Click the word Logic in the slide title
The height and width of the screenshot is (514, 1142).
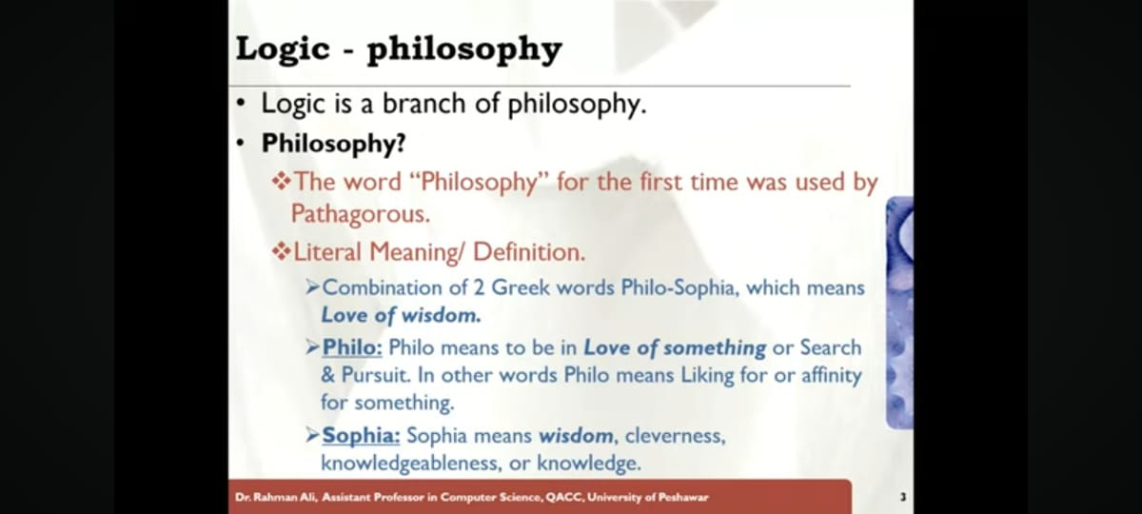tap(283, 49)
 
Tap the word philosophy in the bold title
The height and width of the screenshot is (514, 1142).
tap(464, 50)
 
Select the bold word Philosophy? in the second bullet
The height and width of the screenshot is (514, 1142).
tap(333, 144)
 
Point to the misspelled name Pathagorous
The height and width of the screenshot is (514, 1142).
tap(361, 213)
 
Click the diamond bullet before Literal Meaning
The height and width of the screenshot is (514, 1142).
tap(281, 252)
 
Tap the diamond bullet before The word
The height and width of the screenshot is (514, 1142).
tap(281, 181)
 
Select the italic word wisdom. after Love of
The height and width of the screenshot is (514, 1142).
tap(441, 316)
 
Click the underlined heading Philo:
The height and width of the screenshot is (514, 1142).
tap(352, 347)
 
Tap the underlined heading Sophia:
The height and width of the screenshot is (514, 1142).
tap(361, 436)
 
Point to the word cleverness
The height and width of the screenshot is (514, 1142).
tap(675, 437)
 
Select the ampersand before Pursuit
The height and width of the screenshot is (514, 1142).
tap(328, 375)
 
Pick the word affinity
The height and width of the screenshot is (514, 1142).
tap(832, 376)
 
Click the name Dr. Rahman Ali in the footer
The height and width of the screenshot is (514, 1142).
tap(276, 497)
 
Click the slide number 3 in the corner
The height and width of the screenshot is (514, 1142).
tap(903, 497)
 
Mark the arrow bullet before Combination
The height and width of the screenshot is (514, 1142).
tap(313, 288)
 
